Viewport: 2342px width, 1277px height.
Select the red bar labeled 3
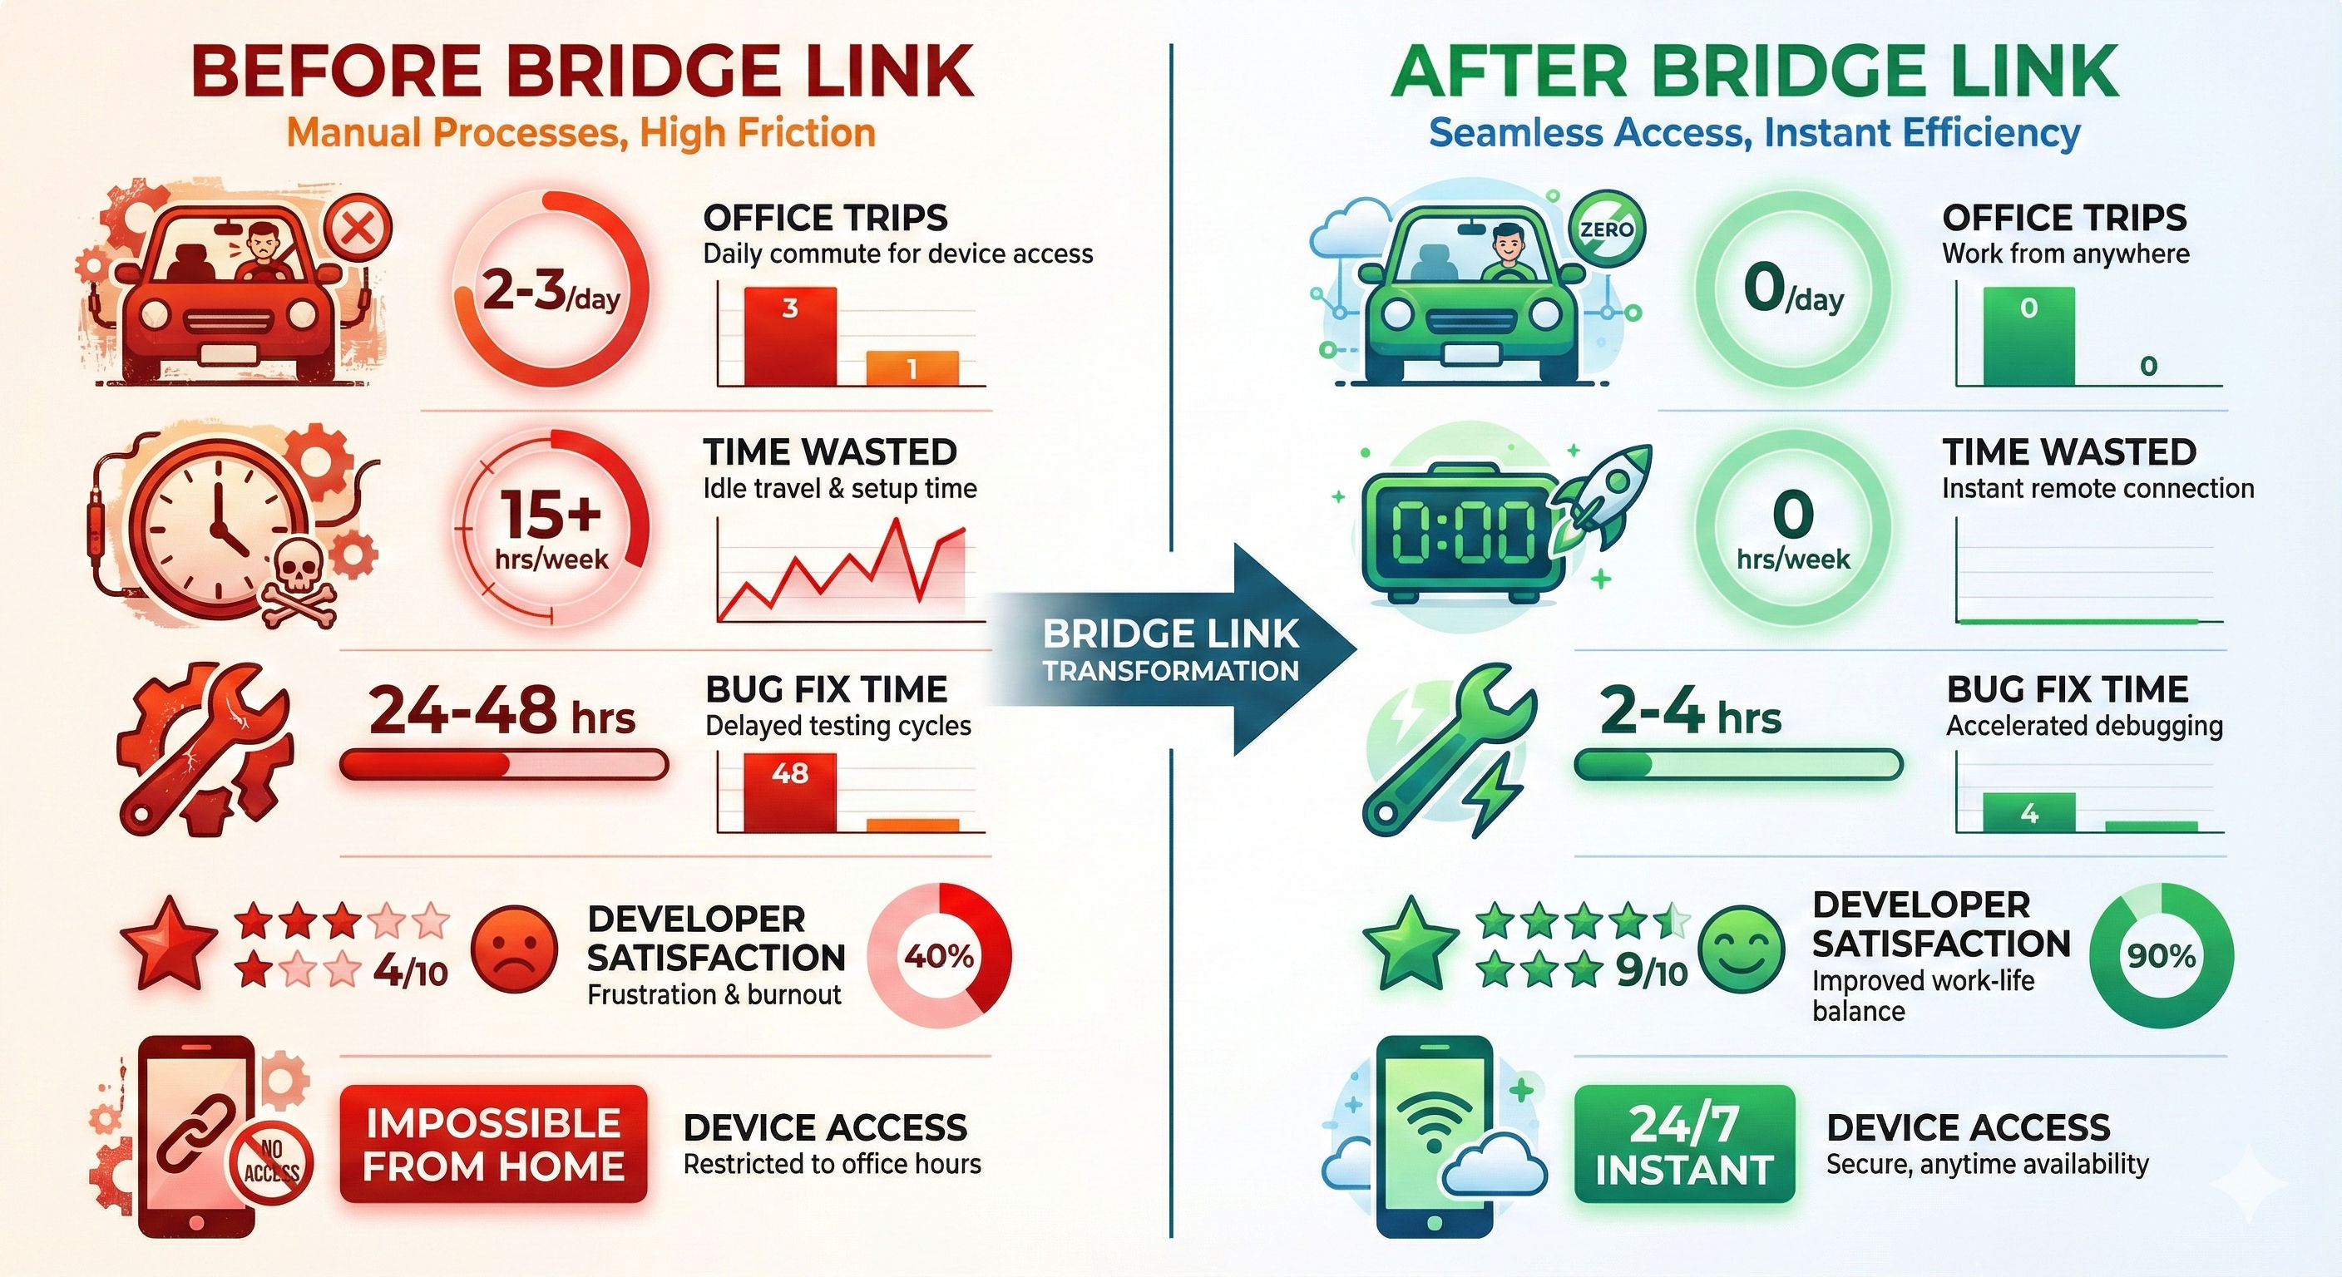[789, 336]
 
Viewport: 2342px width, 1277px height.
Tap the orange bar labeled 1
[912, 368]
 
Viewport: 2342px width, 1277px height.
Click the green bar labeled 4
[2028, 811]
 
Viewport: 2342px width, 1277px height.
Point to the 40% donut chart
[939, 955]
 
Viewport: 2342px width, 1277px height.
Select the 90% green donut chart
[2161, 955]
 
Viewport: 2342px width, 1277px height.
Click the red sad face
[515, 949]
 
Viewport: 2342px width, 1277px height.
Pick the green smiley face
[1741, 949]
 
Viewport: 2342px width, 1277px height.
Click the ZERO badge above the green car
[1606, 229]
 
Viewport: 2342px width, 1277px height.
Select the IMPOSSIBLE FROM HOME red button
[494, 1144]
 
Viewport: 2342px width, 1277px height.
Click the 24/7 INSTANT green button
[1684, 1144]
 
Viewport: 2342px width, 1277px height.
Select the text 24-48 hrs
[502, 711]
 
